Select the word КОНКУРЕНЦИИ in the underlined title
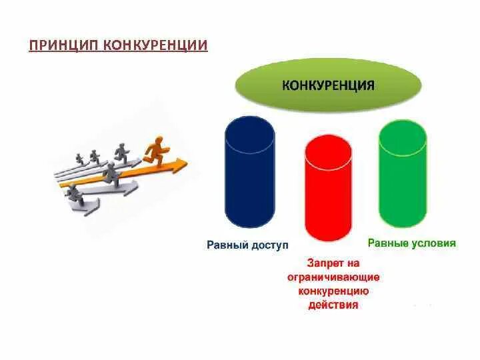click(155, 45)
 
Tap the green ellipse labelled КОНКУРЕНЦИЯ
click(327, 85)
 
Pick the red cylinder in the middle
click(327, 193)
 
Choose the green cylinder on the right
click(402, 177)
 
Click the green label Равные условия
click(412, 243)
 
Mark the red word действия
click(333, 305)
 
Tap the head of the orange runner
click(158, 139)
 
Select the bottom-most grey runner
click(75, 195)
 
